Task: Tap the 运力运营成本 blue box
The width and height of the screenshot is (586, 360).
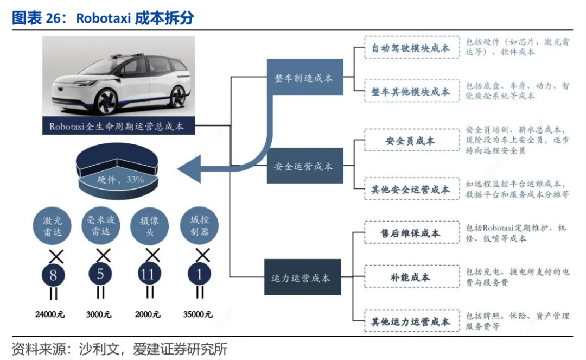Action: point(301,278)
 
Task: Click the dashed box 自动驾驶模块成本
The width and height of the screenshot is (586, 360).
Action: point(410,48)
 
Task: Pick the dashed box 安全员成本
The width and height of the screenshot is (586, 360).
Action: point(410,141)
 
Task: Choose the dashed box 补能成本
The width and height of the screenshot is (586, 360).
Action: point(410,277)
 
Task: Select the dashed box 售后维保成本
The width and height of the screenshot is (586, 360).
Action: point(410,233)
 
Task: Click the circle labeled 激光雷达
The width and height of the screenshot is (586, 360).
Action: point(53,227)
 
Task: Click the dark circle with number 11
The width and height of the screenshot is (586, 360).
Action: point(148,275)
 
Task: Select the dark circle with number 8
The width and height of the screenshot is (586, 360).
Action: point(53,275)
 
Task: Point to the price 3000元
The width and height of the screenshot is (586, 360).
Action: point(99,314)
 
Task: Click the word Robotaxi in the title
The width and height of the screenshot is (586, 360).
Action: point(103,18)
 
